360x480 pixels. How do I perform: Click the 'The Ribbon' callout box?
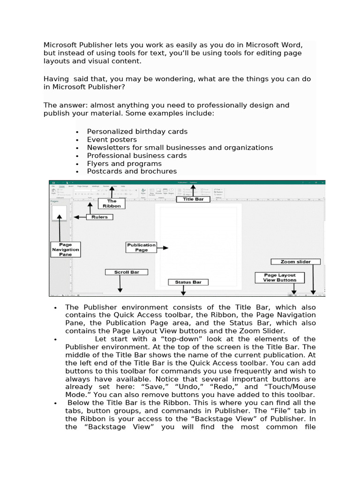coord(112,203)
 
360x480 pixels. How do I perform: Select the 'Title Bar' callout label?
coord(193,199)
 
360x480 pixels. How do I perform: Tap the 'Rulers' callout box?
coord(99,217)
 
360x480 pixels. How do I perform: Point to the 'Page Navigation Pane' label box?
coord(66,249)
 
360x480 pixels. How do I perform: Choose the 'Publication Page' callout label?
coord(141,247)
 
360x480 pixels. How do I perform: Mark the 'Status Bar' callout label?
coord(188,282)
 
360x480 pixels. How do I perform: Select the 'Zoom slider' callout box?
coord(295,262)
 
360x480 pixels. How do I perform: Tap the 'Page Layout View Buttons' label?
coord(279,277)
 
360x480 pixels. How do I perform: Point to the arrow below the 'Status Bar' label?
coord(183,291)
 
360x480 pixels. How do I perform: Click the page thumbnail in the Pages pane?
coord(59,212)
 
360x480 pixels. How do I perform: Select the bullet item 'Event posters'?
coord(112,140)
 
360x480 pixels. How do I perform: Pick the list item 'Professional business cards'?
coord(136,156)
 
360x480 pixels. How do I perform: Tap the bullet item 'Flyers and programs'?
coord(124,164)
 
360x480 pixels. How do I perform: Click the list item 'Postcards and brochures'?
coord(132,172)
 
